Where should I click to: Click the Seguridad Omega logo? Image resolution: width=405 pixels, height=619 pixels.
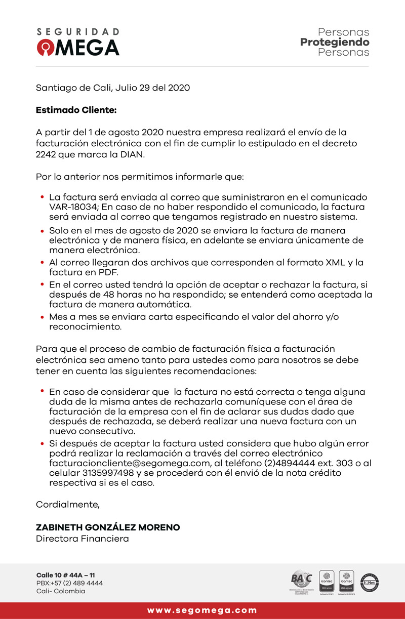pos(78,42)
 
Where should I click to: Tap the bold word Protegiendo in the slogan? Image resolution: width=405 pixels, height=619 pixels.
pos(335,42)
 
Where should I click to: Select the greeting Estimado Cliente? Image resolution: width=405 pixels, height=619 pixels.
pos(76,110)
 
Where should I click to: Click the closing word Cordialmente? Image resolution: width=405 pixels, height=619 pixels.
pos(67,505)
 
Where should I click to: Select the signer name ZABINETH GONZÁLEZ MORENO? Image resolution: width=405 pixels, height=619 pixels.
pos(108,527)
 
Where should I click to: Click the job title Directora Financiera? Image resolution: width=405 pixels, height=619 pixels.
pos(82,539)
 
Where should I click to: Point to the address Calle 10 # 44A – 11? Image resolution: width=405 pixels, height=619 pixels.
pos(65,575)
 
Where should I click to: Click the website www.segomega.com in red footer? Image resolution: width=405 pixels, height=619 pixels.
pos(202,610)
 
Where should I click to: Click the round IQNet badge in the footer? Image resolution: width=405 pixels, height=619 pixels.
pos(370,583)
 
